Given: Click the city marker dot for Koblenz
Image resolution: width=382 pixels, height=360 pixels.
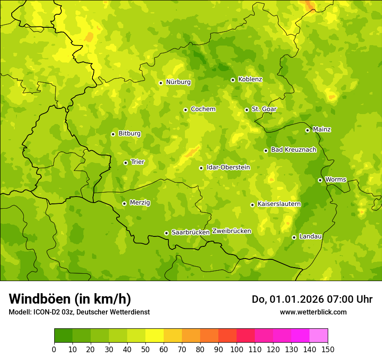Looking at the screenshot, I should coord(233,80).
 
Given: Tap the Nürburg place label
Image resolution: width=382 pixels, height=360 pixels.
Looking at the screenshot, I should coord(178,82).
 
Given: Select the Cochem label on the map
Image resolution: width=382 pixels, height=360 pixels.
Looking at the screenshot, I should coord(203,109).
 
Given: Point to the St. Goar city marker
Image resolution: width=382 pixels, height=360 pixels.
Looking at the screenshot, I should coord(247,110).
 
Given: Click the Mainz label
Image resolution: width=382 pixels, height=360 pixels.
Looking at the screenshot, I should coord(322,129).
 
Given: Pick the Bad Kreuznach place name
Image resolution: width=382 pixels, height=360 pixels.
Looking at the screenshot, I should coord(293,150).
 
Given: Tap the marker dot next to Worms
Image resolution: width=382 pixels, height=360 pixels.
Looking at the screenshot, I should coord(320,180).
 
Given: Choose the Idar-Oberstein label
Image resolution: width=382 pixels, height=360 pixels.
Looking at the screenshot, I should coord(228,167).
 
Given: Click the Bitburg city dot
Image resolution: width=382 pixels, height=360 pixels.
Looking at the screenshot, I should coord(113,134).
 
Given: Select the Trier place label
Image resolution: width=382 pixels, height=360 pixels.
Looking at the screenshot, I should coord(137,162).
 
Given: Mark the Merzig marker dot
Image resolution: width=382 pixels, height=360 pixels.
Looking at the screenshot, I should coord(124,203).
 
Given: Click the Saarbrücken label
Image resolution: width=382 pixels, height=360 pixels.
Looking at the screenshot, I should coord(190,232).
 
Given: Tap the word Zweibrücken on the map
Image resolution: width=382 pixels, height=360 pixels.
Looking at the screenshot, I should coord(232,231).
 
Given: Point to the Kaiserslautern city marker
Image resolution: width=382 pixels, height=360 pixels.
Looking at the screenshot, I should coord(252,205).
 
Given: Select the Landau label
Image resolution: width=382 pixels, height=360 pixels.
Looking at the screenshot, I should coord(310,236).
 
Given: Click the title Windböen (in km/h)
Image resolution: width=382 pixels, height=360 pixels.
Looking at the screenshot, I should coord(70,299).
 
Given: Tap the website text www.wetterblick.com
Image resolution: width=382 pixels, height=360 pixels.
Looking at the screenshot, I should coord(313,312).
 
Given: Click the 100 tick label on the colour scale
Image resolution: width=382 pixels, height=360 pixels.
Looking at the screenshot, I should coord(237,349).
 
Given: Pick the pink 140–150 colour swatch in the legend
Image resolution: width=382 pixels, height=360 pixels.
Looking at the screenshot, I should coord(319,335).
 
